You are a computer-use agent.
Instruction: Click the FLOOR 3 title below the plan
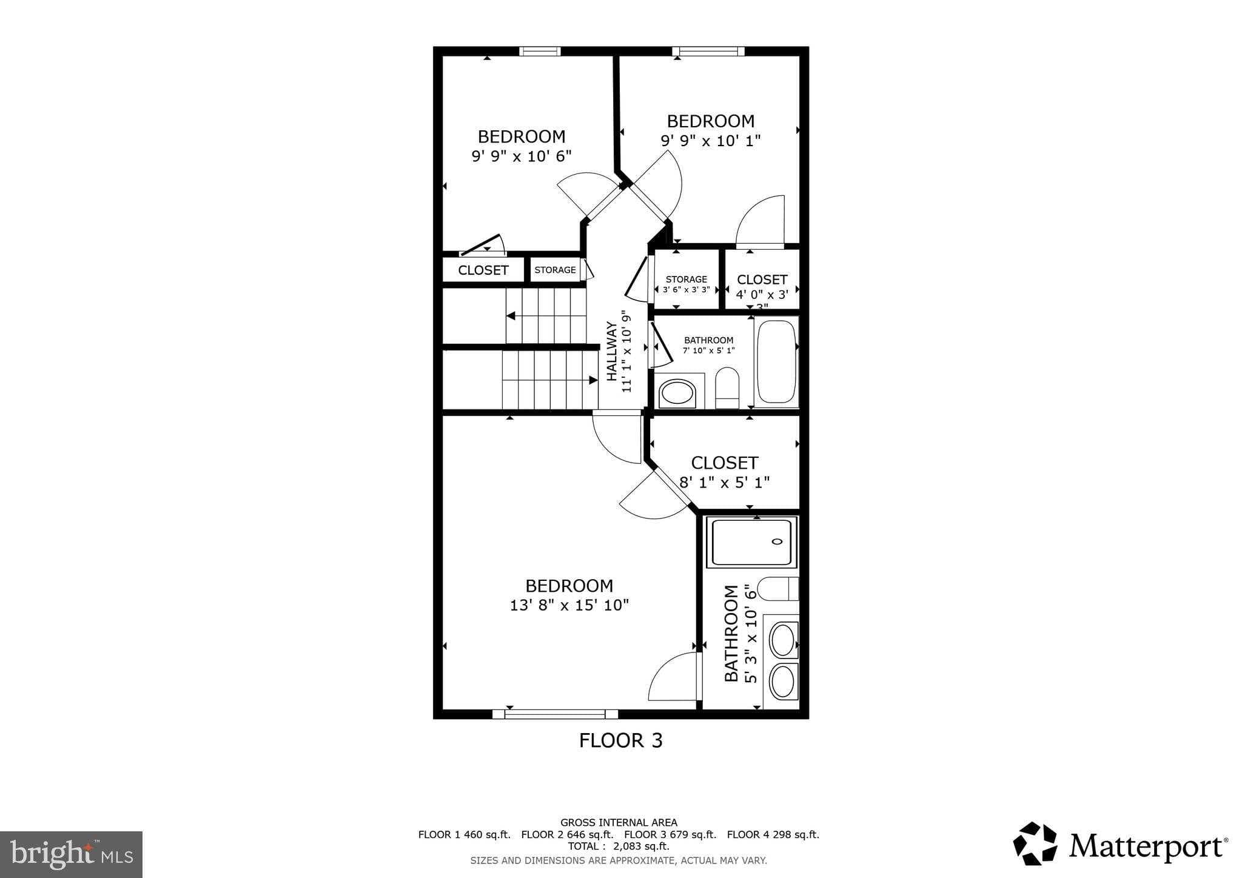(620, 740)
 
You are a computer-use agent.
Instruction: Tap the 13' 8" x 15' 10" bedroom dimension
(569, 605)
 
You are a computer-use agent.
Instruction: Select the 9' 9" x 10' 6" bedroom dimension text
(522, 156)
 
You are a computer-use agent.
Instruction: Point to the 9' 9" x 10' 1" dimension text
(710, 141)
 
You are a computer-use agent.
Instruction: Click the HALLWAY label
(612, 352)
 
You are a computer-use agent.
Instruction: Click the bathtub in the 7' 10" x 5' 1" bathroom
(776, 362)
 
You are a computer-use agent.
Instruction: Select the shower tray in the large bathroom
(751, 541)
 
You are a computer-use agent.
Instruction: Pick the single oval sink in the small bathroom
(678, 393)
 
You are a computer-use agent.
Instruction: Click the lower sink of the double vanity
(783, 681)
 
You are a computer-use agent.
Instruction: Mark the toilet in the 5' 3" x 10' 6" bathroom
(778, 589)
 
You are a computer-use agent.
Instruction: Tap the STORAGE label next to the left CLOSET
(555, 270)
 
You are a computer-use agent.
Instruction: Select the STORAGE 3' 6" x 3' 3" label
(686, 284)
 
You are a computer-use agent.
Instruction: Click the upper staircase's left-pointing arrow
(511, 316)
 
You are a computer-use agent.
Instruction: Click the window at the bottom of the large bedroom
(555, 714)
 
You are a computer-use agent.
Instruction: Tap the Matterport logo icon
(1035, 843)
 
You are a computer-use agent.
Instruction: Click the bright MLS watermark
(71, 854)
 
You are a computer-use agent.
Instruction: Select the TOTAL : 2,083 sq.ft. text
(618, 846)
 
